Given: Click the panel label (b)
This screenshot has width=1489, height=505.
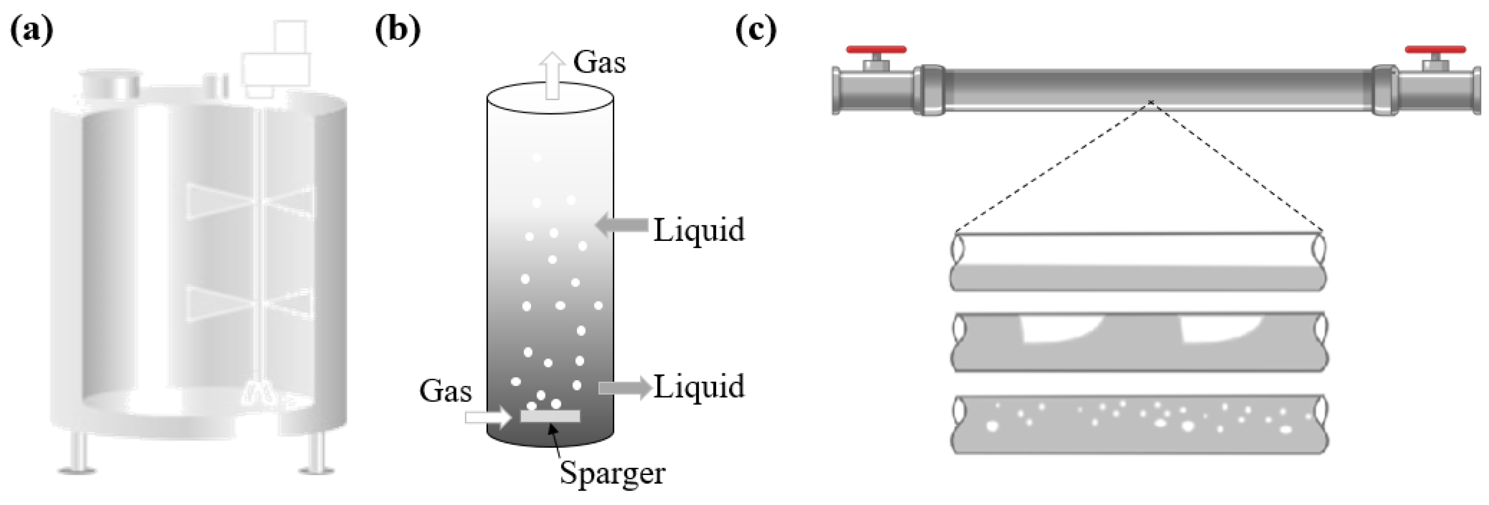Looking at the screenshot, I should (x=398, y=30).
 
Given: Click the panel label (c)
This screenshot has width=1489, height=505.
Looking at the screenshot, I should (x=755, y=30).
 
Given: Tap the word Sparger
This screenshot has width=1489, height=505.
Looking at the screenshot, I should (x=612, y=473).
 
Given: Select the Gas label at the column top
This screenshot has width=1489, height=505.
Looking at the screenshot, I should (x=599, y=62).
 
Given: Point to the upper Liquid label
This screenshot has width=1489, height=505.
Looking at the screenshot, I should (x=698, y=230).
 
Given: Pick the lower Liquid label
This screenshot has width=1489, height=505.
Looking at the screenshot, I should (x=698, y=386).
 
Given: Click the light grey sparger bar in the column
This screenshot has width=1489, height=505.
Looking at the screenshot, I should (x=550, y=416).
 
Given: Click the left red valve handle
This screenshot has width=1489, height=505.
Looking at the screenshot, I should (x=876, y=50).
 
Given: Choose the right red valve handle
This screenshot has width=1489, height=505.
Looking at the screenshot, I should (x=1435, y=50).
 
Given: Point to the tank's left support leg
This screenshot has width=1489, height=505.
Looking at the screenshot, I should (x=77, y=454).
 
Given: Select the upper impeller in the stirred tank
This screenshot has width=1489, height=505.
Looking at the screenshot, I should (x=251, y=201).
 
